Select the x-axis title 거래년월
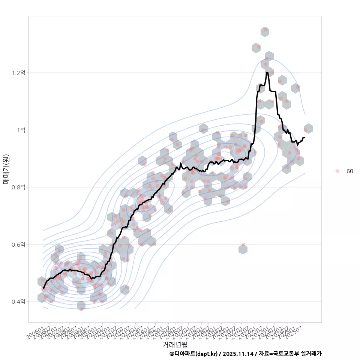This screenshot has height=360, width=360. tap(175, 344)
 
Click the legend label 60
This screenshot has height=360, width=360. tap(349, 171)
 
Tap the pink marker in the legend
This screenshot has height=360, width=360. tap(337, 171)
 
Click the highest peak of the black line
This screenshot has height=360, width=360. tap(267, 73)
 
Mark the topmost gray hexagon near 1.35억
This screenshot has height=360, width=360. tap(265, 32)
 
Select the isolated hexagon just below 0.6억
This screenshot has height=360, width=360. tap(243, 249)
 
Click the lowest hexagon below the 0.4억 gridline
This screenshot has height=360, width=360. tap(81, 306)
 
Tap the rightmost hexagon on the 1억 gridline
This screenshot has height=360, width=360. tap(308, 128)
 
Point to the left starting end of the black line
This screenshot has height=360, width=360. tap(43, 288)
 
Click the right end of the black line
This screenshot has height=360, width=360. tap(305, 138)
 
